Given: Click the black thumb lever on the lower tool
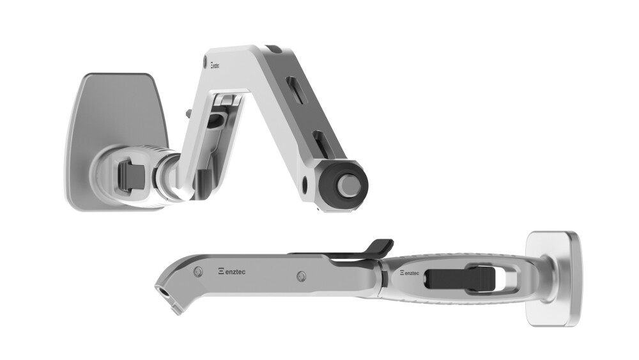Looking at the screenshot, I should pos(377,247).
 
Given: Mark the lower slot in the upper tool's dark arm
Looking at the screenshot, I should pos(319,140).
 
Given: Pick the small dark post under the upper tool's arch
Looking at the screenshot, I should pos(202,182).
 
